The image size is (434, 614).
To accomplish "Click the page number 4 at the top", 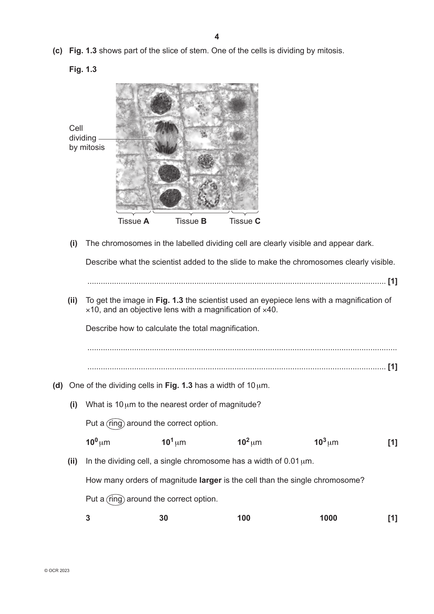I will pyautogui.click(x=217, y=37).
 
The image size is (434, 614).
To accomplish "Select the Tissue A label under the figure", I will pyautogui.click(x=133, y=221).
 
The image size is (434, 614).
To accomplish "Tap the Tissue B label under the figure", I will pyautogui.click(x=191, y=221).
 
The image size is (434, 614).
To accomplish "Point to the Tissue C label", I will pyautogui.click(x=245, y=221).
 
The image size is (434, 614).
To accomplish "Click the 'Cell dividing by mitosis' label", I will pyautogui.click(x=87, y=138).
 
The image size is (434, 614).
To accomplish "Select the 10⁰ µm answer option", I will pyautogui.click(x=98, y=442).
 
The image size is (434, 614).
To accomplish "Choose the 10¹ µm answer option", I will pyautogui.click(x=174, y=442).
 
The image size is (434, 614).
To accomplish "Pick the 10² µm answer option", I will pyautogui.click(x=249, y=442).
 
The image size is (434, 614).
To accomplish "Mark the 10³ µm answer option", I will pyautogui.click(x=326, y=442).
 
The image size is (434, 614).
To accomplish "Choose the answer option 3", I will pyautogui.click(x=88, y=518).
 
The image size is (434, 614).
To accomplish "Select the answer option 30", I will pyautogui.click(x=164, y=518).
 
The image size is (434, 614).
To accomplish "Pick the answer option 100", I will pyautogui.click(x=244, y=518).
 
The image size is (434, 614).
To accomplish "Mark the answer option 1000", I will pyautogui.click(x=328, y=518).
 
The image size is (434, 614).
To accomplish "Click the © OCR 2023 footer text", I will pyautogui.click(x=57, y=571).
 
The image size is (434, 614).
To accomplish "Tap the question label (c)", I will pyautogui.click(x=57, y=51).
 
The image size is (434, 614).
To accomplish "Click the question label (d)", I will pyautogui.click(x=57, y=385).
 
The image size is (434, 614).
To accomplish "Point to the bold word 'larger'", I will pyautogui.click(x=210, y=480).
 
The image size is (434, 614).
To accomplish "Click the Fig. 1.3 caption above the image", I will pyautogui.click(x=83, y=69).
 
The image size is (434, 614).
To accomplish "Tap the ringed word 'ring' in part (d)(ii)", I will pyautogui.click(x=115, y=499).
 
